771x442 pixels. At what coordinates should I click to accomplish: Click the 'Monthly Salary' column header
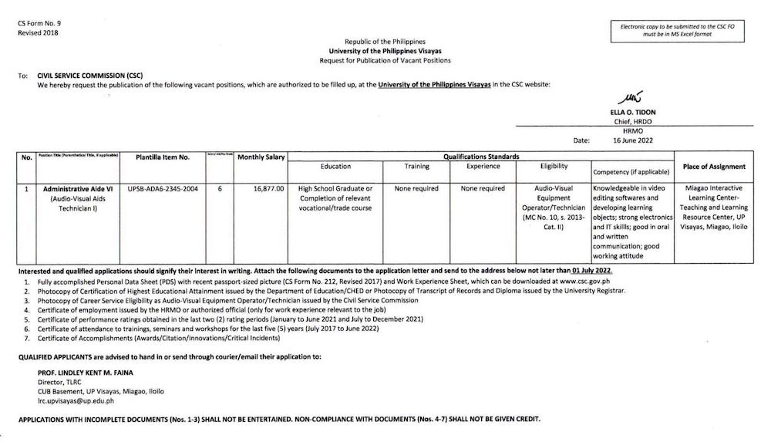pos(261,157)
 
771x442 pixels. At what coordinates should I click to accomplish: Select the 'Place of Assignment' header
pos(714,167)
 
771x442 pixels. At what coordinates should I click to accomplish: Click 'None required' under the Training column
pos(416,188)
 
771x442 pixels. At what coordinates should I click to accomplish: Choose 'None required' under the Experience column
pos(483,188)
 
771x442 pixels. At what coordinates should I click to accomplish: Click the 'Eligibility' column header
pos(554,167)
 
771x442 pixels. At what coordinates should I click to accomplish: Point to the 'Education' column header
pos(335,167)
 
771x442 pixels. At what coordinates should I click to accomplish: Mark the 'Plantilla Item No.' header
pos(163,157)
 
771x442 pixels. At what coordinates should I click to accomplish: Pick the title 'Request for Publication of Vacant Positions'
pos(385,60)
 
